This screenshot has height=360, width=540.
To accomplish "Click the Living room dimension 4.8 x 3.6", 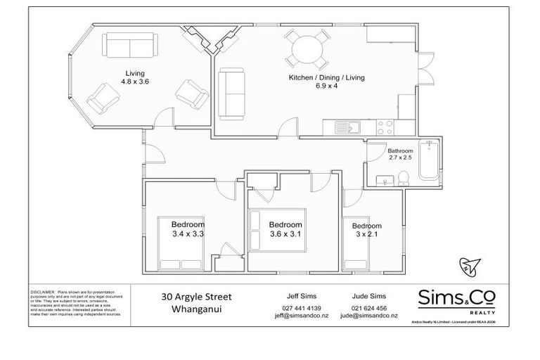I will pos(135,82).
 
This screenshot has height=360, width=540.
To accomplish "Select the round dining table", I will pos(307,49).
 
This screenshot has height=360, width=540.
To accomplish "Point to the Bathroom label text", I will pos(400,150).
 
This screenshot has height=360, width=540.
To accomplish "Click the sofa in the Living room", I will pos(132,46).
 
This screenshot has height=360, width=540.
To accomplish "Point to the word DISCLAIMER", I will pos(42,290).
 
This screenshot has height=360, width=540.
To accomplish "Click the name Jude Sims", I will pos(368,296).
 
